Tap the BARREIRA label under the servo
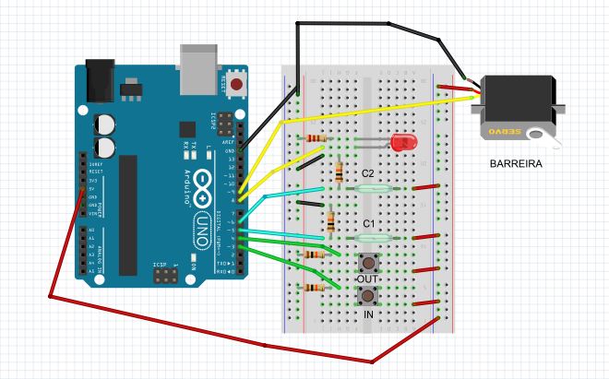coord(516,164)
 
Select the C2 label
coord(367,173)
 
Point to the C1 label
coord(367,224)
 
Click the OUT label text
coord(368,278)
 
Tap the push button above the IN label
coord(368,296)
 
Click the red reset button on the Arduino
coord(239,86)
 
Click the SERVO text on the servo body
coord(507,132)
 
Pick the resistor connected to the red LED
coord(316,138)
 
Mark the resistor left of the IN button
coord(315,288)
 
